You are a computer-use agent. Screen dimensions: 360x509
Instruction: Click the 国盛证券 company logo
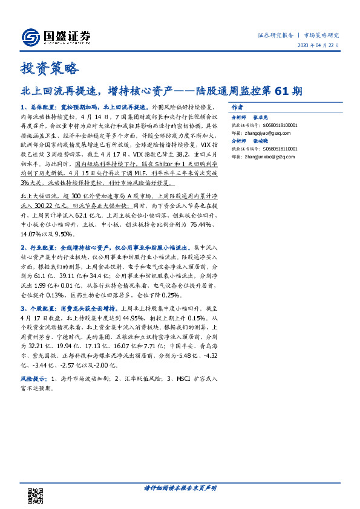[56, 37]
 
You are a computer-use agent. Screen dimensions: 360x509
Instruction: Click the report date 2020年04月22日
[318, 46]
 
